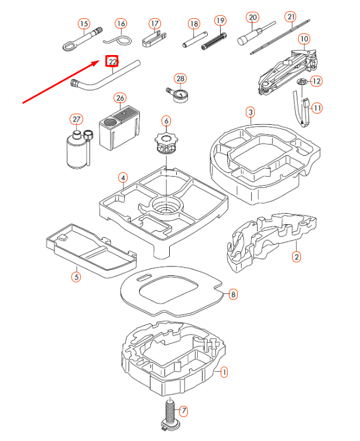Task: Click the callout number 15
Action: [x=84, y=24]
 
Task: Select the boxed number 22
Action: [x=112, y=61]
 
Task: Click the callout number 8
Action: [x=233, y=295]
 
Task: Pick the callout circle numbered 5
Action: [x=76, y=276]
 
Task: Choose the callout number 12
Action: [x=316, y=81]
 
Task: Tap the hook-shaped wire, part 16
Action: [x=121, y=40]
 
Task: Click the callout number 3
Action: [x=250, y=112]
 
